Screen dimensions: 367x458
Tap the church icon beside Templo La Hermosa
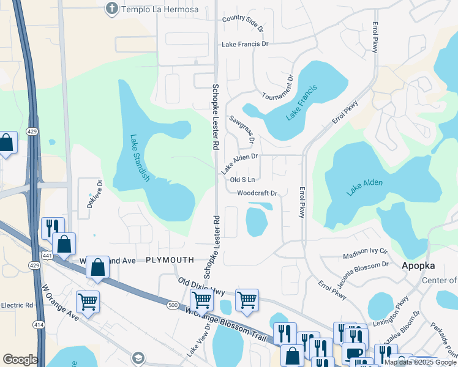coord(111,8)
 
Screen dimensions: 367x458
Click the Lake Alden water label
coord(364,183)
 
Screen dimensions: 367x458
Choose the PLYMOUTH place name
coord(170,260)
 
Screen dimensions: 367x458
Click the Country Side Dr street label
coord(242,23)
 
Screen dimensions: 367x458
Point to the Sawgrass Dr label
coord(242,129)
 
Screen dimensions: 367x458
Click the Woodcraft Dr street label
coord(257,193)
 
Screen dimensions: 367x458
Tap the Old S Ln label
coord(242,180)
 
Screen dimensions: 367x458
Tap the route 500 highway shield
coord(173,304)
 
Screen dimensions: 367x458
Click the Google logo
coord(20,360)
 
